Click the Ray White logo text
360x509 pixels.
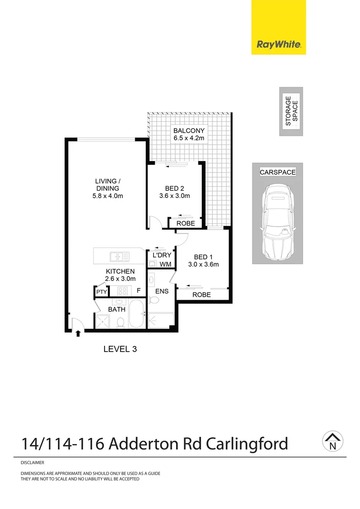click(278, 45)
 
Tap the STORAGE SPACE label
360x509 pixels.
click(291, 112)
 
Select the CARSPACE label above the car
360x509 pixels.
click(278, 172)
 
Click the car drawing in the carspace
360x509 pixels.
click(277, 222)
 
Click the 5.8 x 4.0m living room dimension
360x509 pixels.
click(108, 196)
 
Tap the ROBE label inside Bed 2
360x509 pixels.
click(185, 224)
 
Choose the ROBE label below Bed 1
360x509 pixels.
click(201, 295)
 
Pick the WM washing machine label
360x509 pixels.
click(165, 264)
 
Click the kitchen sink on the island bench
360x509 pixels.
click(119, 257)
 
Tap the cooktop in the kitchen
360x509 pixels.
click(123, 291)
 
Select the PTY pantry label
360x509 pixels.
click(101, 292)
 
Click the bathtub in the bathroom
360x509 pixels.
click(137, 314)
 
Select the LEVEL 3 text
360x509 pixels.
click(120, 349)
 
